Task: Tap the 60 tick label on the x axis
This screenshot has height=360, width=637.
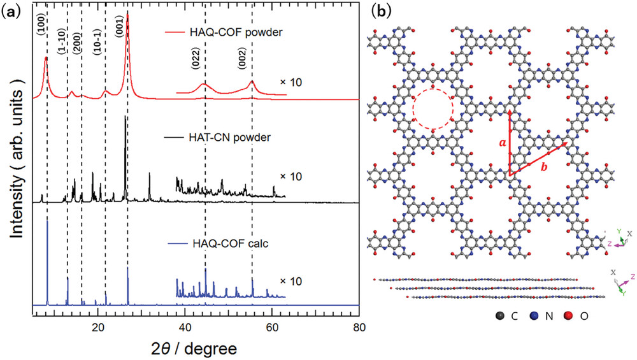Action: click(272, 326)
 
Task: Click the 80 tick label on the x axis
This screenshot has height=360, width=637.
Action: click(359, 326)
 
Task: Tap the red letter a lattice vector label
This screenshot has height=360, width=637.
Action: click(503, 144)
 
